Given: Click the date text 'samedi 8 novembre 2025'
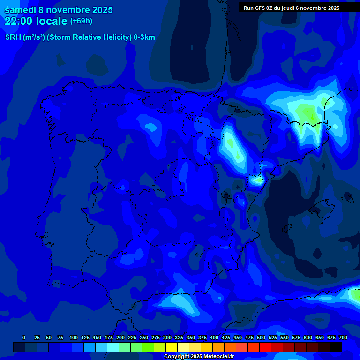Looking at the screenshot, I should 59,10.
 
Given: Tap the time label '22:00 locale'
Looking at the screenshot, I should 36,21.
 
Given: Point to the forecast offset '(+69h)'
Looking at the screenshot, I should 81,21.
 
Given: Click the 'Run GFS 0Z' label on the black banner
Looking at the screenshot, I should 260,8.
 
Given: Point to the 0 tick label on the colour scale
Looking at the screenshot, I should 24,337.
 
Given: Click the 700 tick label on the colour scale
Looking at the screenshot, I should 343,337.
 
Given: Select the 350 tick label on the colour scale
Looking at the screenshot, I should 191,337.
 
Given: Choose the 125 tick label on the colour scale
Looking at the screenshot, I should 85,337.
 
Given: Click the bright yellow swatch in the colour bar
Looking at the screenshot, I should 172,347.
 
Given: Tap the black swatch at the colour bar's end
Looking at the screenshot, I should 336,347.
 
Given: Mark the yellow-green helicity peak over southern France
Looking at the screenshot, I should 308,113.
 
